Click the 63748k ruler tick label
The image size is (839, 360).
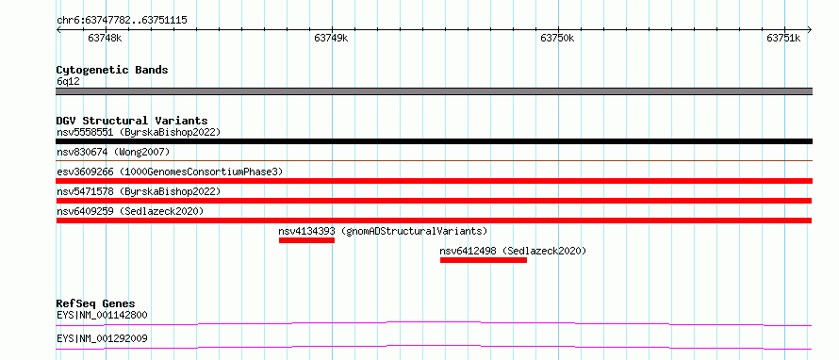click(105, 38)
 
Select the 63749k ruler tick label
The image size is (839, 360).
click(331, 38)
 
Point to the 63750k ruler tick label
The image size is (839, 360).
click(557, 38)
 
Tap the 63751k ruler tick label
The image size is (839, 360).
click(783, 38)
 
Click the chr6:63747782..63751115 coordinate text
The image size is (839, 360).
click(122, 21)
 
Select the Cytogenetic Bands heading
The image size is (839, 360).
click(112, 70)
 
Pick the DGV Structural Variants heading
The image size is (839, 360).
click(132, 121)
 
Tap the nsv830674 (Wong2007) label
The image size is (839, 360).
click(113, 153)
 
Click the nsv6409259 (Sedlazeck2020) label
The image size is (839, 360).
click(130, 211)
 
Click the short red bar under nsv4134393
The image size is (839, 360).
click(306, 240)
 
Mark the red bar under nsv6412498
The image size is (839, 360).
click(484, 260)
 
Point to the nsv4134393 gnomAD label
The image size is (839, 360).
click(383, 231)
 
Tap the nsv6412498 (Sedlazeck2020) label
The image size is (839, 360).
click(513, 251)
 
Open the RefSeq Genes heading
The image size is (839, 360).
click(96, 303)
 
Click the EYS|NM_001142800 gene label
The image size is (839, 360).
click(102, 315)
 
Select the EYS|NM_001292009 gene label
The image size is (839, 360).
click(102, 338)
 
